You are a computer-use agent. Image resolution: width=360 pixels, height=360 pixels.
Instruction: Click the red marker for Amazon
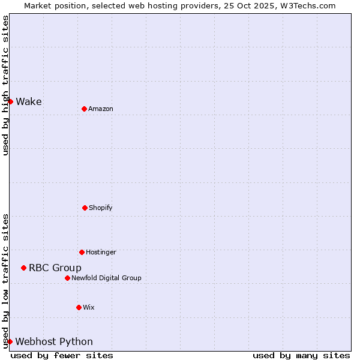pos(84,109)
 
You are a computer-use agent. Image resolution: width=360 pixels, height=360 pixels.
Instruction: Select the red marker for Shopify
pos(85,208)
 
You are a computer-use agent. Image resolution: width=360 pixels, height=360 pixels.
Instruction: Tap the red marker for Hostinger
pos(82,252)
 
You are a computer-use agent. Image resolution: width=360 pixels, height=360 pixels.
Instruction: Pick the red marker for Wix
pos(79,307)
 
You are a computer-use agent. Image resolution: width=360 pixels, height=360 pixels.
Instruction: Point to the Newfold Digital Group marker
pos(67,278)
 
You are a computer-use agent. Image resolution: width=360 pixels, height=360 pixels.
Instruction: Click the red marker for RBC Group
pos(23,268)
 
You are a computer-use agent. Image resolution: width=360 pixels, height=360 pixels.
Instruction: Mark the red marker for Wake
pos(10,101)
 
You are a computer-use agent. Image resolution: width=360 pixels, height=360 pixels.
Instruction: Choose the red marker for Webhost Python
pos(10,341)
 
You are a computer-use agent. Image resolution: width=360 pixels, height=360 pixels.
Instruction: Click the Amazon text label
pos(101,109)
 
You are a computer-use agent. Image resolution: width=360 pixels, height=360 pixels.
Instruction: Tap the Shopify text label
pos(101,208)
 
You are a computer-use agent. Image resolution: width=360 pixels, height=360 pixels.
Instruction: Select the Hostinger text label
pos(101,252)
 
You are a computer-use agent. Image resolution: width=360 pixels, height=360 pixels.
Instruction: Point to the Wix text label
pos(89,307)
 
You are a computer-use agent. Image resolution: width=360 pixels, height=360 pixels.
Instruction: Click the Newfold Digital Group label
pos(106,278)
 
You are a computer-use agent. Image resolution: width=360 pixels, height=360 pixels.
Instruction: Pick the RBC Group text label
pos(55,268)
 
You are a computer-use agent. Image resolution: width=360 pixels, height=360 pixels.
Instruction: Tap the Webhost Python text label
pos(54,341)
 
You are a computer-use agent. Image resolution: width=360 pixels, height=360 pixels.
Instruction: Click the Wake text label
pos(29,101)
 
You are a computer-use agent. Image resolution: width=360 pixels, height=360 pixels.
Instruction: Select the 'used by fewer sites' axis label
pos(62,355)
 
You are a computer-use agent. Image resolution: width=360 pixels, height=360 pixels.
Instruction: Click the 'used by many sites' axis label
pos(301,355)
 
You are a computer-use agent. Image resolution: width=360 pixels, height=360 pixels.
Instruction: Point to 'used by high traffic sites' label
pos(5,85)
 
